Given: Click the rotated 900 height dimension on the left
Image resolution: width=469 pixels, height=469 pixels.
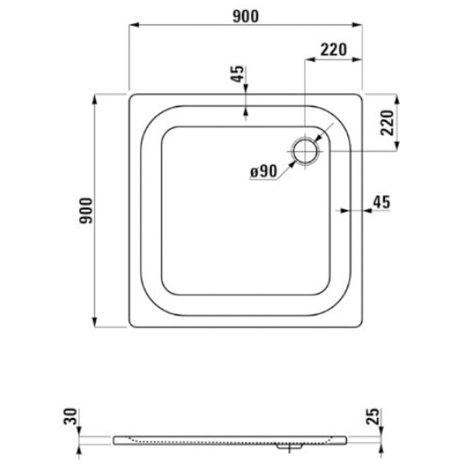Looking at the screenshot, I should coord(87,211).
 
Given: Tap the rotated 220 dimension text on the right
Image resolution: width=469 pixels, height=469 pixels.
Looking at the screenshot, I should coord(387,122).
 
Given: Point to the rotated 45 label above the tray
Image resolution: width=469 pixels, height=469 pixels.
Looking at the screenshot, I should coord(238,74).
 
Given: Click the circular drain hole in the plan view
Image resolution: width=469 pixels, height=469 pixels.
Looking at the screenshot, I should coord(305,151).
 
